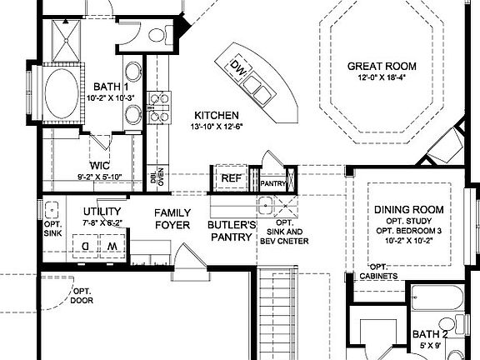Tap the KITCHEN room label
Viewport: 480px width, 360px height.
point(217,115)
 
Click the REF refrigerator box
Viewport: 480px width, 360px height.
point(229,178)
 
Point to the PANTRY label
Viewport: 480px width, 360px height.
point(273,182)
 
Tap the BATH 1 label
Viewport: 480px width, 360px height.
point(110,86)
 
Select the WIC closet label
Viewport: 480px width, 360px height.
point(100,164)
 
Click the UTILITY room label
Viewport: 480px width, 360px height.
point(102,212)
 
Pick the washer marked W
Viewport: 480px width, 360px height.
point(111,246)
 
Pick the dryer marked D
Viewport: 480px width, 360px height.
point(84,246)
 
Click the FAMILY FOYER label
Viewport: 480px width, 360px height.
point(172,218)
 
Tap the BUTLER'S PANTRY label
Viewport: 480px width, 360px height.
point(231,231)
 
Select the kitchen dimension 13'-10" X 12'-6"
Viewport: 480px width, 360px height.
point(217,127)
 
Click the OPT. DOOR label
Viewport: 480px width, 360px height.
point(82,295)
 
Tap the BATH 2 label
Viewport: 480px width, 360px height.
point(431,334)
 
